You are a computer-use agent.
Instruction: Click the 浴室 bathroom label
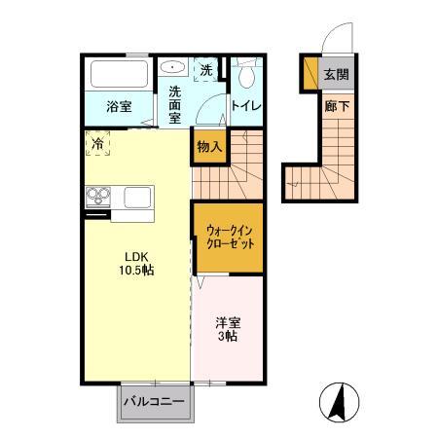pyautogui.click(x=120, y=107)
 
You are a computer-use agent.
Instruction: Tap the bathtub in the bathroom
pyautogui.click(x=118, y=75)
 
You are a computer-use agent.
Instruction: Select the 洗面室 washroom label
pyautogui.click(x=175, y=104)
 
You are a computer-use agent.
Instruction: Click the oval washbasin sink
pyautogui.click(x=174, y=68)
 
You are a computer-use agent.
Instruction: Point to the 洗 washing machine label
pyautogui.click(x=206, y=70)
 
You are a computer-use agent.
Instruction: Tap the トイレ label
pyautogui.click(x=243, y=107)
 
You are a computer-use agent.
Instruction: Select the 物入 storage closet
pyautogui.click(x=209, y=147)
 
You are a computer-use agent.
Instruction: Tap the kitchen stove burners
pyautogui.click(x=99, y=197)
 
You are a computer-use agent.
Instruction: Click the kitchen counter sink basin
pyautogui.click(x=137, y=198)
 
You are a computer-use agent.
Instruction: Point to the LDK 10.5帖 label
pyautogui.click(x=137, y=262)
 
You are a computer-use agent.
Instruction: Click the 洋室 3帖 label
pyautogui.click(x=228, y=329)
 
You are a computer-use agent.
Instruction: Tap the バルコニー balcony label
pyautogui.click(x=156, y=400)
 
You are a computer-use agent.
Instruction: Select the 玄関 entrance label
pyautogui.click(x=336, y=75)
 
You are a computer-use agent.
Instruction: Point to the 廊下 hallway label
pyautogui.click(x=336, y=106)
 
